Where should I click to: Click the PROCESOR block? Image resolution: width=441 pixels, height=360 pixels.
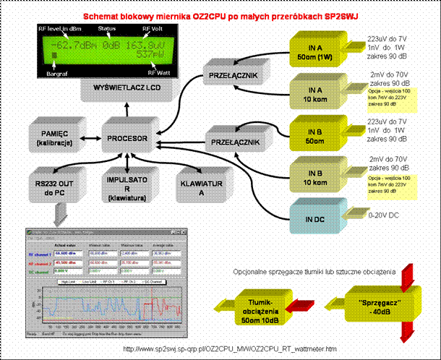pos(128,137)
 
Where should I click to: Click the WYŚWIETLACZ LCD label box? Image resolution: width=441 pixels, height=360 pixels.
pos(127,88)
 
